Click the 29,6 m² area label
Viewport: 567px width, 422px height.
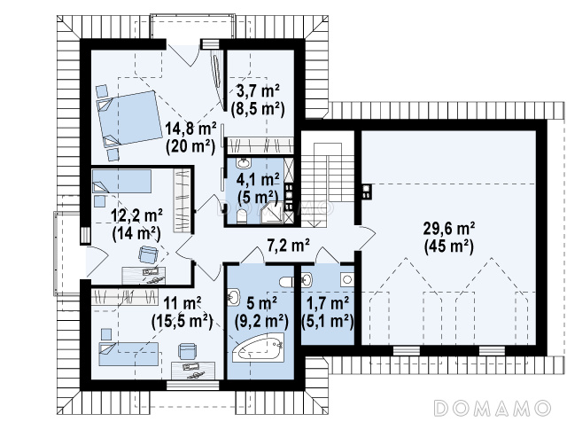point(449,229)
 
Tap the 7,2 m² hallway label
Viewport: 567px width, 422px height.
point(288,246)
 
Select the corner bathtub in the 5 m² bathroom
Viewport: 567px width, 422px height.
point(258,348)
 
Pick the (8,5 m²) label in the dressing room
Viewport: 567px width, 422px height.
point(258,108)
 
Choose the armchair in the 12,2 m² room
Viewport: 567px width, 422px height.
point(148,254)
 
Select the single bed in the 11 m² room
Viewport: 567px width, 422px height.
point(128,354)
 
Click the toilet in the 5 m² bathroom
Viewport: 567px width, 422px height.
point(287,282)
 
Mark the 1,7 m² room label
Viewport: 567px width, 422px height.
point(328,303)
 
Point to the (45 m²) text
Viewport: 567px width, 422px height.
point(449,247)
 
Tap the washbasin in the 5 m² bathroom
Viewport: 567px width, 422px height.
point(234,298)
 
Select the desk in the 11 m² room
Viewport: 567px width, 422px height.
point(193,371)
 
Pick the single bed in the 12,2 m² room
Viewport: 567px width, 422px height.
point(121,182)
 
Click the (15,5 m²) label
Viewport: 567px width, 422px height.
point(182,321)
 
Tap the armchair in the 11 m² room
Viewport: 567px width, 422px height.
point(187,351)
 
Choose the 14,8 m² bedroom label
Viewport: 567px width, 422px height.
point(190,128)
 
